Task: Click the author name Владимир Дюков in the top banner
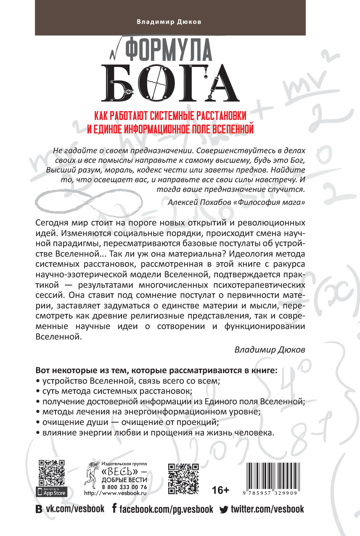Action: [x=180, y=22]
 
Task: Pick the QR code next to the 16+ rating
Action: [x=183, y=478]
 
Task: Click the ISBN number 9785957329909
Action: [x=271, y=493]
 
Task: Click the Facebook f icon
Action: [x=114, y=509]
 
